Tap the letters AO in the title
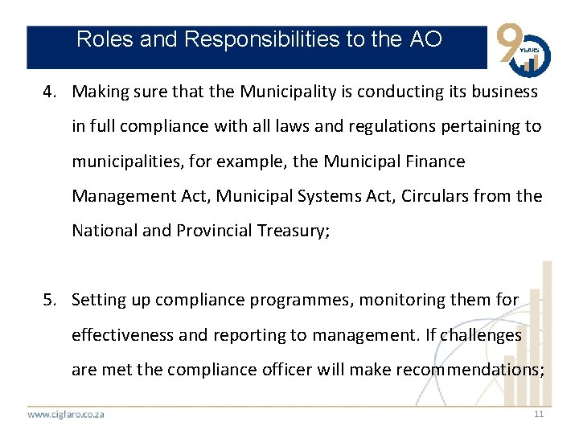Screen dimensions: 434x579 coord(425,39)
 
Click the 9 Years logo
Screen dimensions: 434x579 coord(524,47)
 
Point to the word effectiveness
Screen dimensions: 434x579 coord(122,334)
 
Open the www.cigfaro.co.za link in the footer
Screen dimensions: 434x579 coord(66,415)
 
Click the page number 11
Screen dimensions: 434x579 coord(539,414)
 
